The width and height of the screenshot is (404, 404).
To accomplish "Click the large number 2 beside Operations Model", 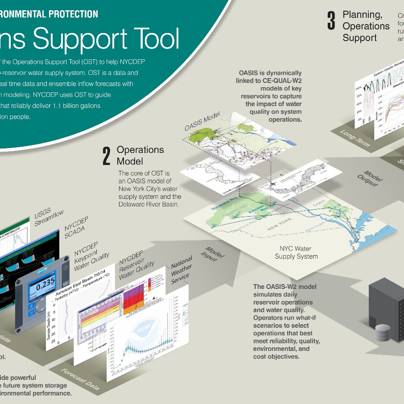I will tap(107, 156).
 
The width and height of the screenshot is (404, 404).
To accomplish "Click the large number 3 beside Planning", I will tap(331, 21).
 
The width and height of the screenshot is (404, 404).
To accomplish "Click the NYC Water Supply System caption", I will tap(296, 252).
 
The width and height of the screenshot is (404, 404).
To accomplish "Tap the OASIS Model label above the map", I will tap(203, 121).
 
